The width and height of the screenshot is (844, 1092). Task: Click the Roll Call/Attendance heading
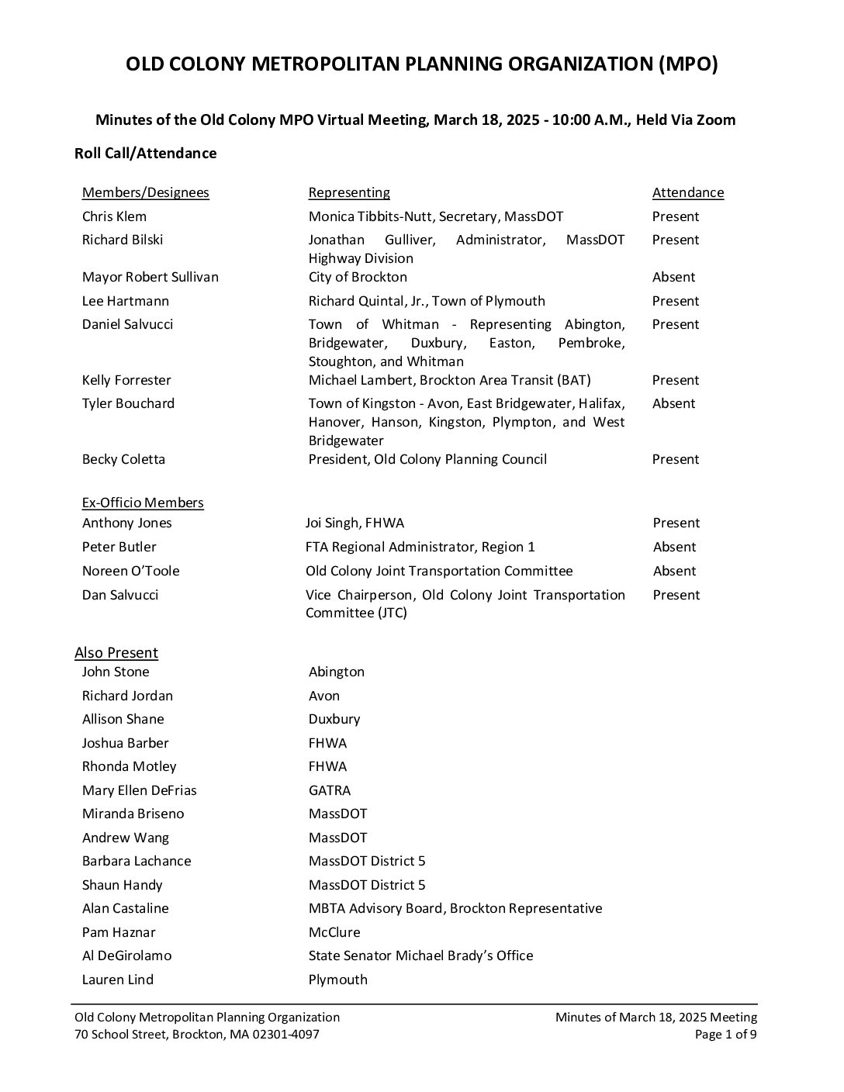(x=146, y=154)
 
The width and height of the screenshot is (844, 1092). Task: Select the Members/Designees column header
(x=146, y=193)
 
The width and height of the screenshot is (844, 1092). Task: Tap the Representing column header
(x=349, y=193)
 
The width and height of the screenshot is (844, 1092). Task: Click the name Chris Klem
(x=114, y=216)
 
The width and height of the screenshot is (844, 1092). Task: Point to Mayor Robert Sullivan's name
(x=150, y=277)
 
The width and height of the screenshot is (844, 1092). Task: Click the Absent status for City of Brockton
(x=673, y=277)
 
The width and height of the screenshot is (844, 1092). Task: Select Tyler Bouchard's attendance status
(x=673, y=403)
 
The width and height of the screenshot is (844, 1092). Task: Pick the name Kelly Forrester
(x=126, y=380)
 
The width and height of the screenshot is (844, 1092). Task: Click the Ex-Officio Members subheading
(x=143, y=503)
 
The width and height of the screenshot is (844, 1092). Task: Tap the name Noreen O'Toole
(x=130, y=571)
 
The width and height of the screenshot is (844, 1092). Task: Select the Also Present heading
(x=116, y=653)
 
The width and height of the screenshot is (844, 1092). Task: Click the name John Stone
(x=116, y=672)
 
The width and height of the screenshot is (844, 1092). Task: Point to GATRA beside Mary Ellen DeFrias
(x=330, y=790)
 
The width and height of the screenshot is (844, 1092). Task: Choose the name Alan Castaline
(x=125, y=908)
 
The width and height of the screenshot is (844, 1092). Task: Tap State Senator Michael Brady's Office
(x=420, y=955)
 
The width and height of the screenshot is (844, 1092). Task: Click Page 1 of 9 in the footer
(x=725, y=1035)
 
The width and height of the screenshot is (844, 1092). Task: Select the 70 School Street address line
(x=196, y=1035)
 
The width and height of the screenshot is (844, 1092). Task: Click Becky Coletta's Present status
(x=675, y=459)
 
